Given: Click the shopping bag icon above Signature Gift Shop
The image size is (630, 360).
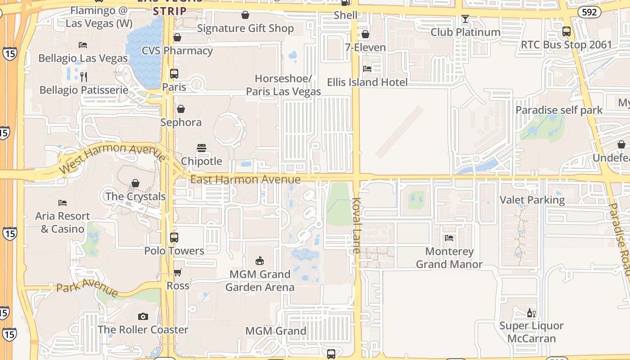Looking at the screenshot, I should (245, 15).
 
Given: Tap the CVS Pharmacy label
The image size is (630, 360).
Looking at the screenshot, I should (177, 50).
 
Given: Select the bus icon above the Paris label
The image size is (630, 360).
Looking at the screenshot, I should (174, 74).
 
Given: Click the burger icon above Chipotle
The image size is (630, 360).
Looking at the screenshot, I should (202, 148).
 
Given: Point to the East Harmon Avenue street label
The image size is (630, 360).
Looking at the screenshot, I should (245, 180).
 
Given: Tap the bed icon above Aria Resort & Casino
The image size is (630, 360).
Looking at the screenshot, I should (63, 203).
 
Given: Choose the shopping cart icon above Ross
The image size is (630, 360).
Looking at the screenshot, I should (178, 272).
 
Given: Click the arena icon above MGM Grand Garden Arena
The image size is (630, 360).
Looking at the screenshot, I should (260, 261).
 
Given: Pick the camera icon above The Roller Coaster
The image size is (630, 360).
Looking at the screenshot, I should (143, 316).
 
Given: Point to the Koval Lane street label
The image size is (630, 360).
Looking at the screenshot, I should (357, 225).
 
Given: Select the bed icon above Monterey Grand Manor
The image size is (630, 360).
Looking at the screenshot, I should (449, 238).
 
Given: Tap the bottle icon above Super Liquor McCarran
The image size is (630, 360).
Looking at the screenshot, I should (531, 313).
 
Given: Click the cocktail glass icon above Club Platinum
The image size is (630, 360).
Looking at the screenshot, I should (465, 19).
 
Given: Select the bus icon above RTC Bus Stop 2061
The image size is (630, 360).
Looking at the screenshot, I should (567, 31).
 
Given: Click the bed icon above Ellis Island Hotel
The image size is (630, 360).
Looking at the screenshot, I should (367, 69).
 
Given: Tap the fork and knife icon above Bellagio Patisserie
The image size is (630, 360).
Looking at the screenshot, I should (83, 76).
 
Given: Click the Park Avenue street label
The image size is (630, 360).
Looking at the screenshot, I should (88, 287).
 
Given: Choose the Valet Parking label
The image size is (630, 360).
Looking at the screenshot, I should (532, 200).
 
